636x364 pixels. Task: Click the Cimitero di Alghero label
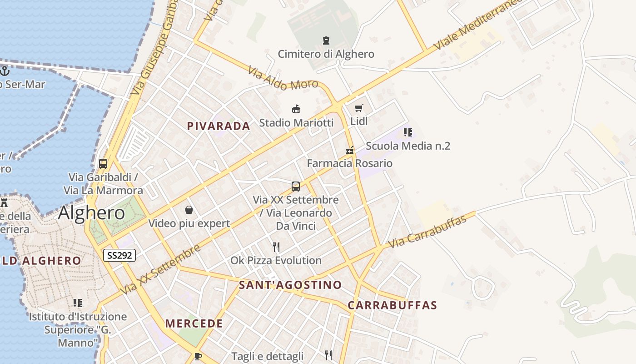(326, 54)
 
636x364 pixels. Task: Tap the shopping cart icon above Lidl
(359, 108)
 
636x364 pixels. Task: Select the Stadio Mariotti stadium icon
(296, 109)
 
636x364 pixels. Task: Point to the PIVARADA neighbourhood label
(219, 126)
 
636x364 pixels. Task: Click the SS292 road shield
(119, 255)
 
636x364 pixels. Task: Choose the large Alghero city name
(91, 212)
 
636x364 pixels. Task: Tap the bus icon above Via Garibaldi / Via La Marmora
(103, 164)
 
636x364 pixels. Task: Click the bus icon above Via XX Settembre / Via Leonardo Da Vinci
(296, 186)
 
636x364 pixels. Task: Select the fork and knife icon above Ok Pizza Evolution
(276, 247)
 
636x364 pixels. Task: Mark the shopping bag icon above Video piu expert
(189, 210)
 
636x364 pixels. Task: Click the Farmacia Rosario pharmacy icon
(350, 150)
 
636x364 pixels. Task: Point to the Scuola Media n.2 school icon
(407, 132)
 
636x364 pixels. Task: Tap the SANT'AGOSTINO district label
(290, 285)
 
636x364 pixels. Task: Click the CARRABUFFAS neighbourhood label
(392, 305)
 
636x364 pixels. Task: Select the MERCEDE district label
(194, 324)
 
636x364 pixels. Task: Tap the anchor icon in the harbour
(5, 71)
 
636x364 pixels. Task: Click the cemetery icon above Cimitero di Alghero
(326, 40)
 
